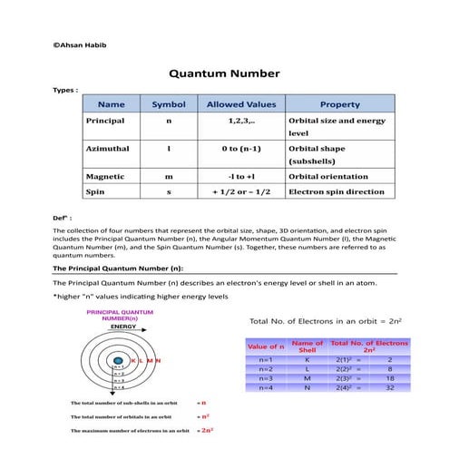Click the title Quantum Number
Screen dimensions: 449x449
click(x=224, y=73)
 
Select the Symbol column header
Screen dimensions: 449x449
click(x=168, y=104)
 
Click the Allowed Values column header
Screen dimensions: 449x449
click(x=240, y=104)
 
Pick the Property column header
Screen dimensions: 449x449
click(x=340, y=104)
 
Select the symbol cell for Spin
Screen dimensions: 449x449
click(x=168, y=191)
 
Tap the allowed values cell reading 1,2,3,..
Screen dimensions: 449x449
click(x=240, y=120)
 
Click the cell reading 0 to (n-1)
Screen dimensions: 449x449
click(x=240, y=147)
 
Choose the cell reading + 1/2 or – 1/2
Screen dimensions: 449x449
click(x=240, y=191)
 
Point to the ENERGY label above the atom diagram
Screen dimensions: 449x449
click(x=112, y=326)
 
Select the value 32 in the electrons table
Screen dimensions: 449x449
click(x=390, y=387)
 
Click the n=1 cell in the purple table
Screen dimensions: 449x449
click(x=266, y=360)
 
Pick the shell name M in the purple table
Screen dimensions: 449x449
click(x=308, y=378)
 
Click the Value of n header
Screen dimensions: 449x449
click(x=266, y=346)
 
